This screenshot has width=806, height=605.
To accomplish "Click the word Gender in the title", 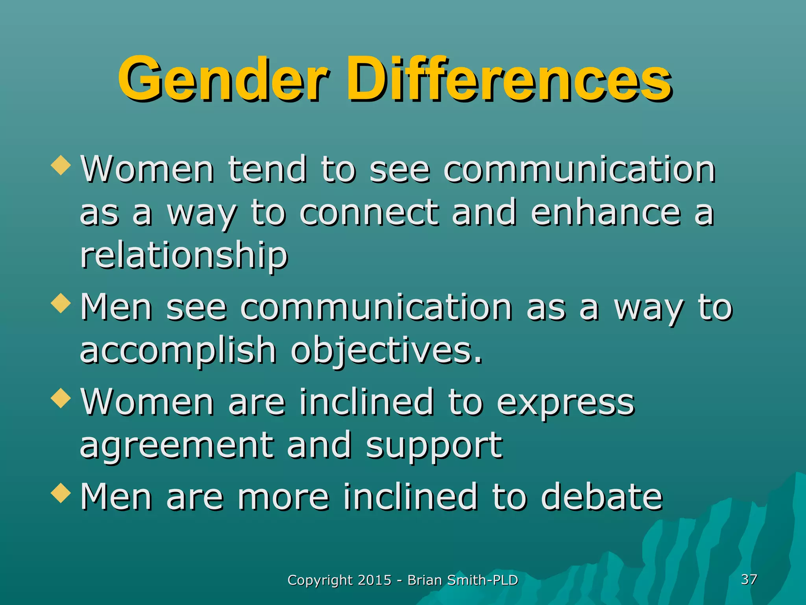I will point(222,79).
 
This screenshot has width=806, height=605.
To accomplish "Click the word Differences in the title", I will point(508,79).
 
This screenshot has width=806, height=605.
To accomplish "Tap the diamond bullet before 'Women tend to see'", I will point(61,165).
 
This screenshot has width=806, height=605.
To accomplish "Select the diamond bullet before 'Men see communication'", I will point(61,303).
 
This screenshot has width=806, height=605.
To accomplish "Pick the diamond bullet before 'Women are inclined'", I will point(61,398).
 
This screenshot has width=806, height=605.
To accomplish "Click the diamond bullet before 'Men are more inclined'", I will point(61,493).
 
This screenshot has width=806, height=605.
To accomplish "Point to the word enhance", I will point(606,213).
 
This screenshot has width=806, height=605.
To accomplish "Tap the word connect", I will point(369,213).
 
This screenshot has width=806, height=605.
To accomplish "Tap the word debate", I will point(602,497).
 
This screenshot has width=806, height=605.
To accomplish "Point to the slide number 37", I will point(749,579).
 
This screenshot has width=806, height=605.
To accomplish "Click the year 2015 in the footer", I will point(375,580).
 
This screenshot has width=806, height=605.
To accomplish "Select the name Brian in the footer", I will point(424,580).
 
